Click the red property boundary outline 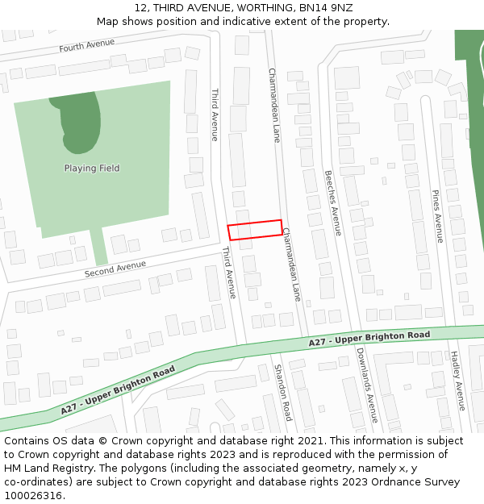[x=255, y=230]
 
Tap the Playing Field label [x=92, y=169]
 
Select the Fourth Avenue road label [x=87, y=46]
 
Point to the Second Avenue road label [x=115, y=269]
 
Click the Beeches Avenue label [x=332, y=202]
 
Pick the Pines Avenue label [x=436, y=216]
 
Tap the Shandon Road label [x=282, y=392]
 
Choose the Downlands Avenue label [x=367, y=385]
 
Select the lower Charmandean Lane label [x=291, y=264]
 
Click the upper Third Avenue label [x=215, y=115]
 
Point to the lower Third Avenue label [x=229, y=273]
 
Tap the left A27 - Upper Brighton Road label [x=118, y=391]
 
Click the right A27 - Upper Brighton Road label [x=369, y=339]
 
